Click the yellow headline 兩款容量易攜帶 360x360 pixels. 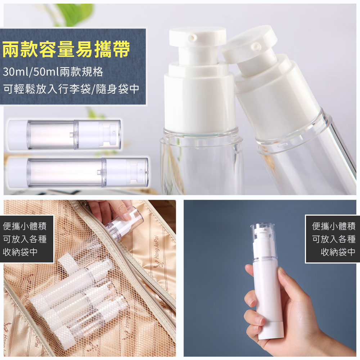[66, 49]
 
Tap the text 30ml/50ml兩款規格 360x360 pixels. [53, 72]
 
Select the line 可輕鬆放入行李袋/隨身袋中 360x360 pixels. [71, 89]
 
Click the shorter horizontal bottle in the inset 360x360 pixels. [64, 135]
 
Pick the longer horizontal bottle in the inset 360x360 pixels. [78, 172]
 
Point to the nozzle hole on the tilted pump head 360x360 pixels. [256, 46]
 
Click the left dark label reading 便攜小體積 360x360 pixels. [24, 226]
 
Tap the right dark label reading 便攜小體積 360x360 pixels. [334, 226]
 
